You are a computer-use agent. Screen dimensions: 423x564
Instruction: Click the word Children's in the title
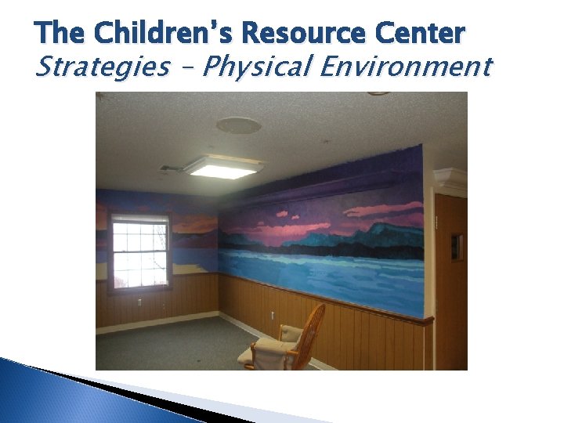167,34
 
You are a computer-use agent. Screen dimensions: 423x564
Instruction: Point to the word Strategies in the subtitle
102,67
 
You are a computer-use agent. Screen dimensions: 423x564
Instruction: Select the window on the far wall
140,251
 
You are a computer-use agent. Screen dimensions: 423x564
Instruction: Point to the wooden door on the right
451,282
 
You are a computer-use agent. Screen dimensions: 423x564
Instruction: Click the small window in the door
457,247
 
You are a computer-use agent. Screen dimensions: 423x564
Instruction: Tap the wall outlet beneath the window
140,302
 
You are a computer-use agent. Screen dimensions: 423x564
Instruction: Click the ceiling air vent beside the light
172,168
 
